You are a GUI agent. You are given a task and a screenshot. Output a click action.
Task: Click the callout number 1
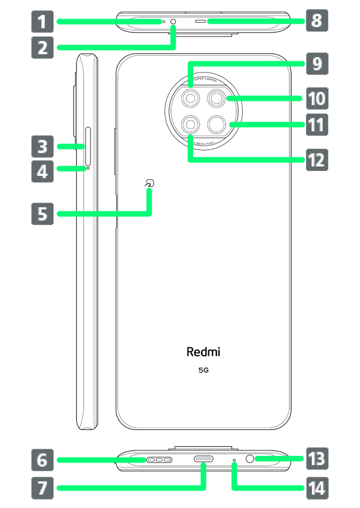point(41,23)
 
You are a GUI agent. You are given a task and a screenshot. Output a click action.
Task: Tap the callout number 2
point(42,46)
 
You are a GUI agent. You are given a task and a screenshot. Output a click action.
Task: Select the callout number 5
point(42,213)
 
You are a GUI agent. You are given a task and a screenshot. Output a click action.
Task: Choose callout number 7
point(42,488)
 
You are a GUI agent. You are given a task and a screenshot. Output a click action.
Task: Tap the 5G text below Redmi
point(203,371)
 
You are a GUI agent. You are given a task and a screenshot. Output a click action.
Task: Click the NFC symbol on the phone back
point(148,186)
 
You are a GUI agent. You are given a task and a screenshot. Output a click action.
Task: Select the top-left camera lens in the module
point(191,97)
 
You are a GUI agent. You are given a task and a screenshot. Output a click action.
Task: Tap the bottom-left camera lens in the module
point(191,124)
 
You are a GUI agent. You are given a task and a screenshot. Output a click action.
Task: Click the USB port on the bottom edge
point(203,459)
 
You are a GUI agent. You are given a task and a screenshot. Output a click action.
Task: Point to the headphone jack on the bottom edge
point(251,459)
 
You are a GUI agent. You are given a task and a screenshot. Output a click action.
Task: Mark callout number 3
point(42,146)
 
